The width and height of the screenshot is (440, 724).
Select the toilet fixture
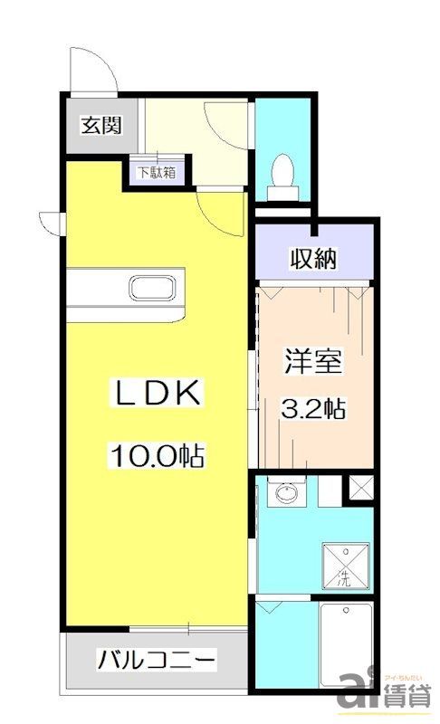(282, 172)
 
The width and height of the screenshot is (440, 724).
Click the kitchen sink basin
(156, 289)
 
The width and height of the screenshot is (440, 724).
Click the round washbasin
(287, 494)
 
